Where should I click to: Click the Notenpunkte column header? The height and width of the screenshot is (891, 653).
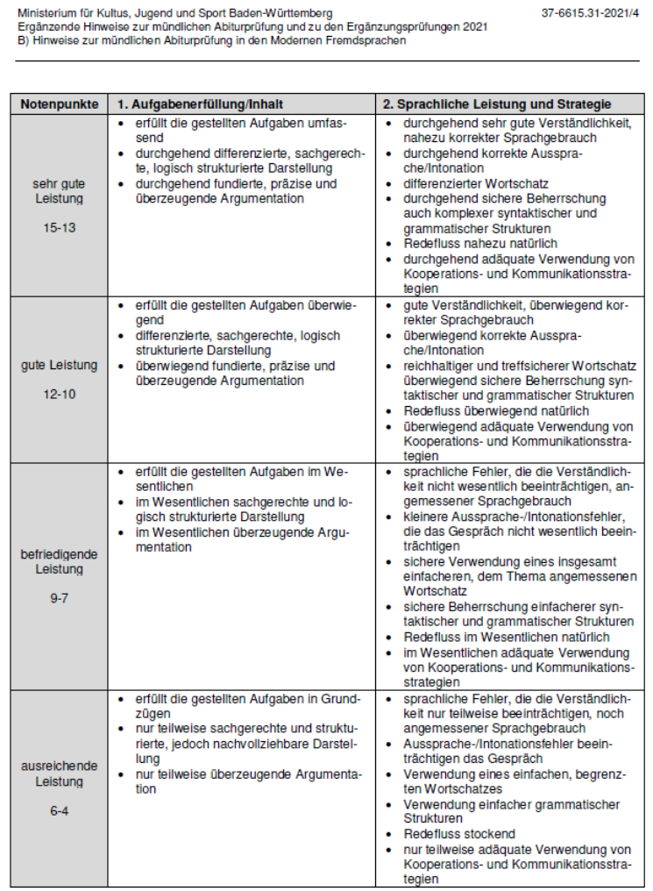(x=59, y=103)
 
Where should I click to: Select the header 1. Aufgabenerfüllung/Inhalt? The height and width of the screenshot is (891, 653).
(x=200, y=103)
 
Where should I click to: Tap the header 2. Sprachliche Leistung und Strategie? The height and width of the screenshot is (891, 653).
(x=495, y=103)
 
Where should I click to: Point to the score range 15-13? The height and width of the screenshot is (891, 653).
(x=59, y=227)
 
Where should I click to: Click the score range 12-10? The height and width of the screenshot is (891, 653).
(x=59, y=395)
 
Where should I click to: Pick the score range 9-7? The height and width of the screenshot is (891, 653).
(x=59, y=598)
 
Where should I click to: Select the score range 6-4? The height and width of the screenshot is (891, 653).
(x=59, y=811)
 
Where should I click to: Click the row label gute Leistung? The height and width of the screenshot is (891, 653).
(x=59, y=365)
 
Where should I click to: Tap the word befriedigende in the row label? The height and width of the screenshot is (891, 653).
(x=59, y=554)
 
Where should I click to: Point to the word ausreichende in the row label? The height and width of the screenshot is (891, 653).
(x=59, y=766)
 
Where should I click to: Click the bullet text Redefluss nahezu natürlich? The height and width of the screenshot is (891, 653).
(x=480, y=243)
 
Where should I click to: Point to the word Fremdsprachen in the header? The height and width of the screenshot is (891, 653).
(x=369, y=40)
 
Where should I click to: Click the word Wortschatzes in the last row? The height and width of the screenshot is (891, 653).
(x=443, y=789)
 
